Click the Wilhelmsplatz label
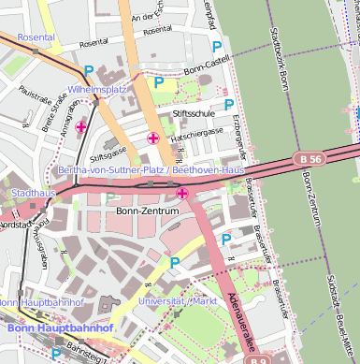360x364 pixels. point(97,89)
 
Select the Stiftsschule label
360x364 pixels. point(194,112)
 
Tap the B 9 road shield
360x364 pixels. point(260,359)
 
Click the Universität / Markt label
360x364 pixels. point(177,301)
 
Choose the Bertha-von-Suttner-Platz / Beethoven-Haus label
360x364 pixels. point(151,171)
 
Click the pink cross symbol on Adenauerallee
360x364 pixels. point(182,193)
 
